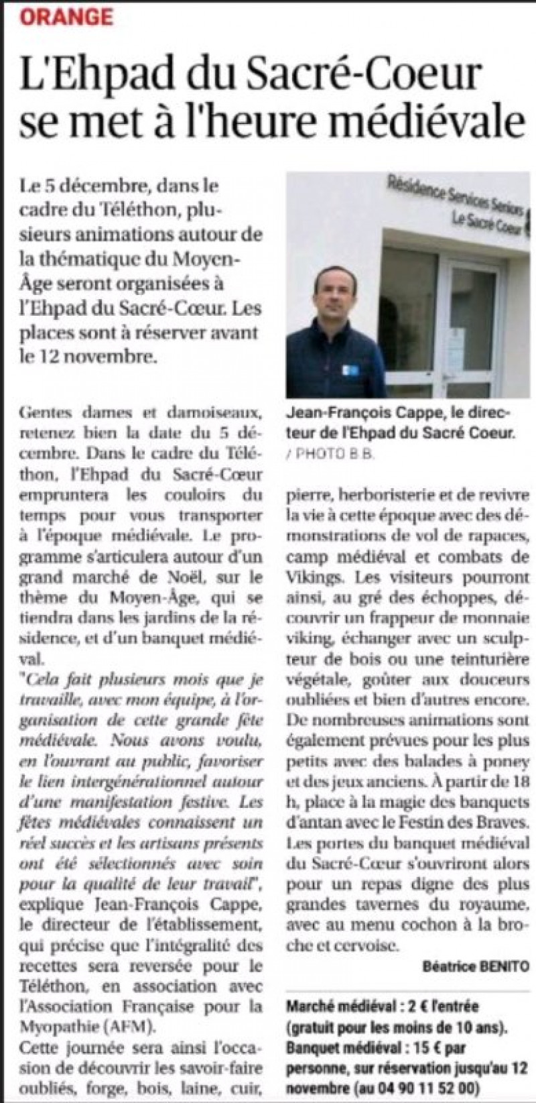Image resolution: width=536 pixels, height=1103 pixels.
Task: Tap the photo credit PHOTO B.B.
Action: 332,455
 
